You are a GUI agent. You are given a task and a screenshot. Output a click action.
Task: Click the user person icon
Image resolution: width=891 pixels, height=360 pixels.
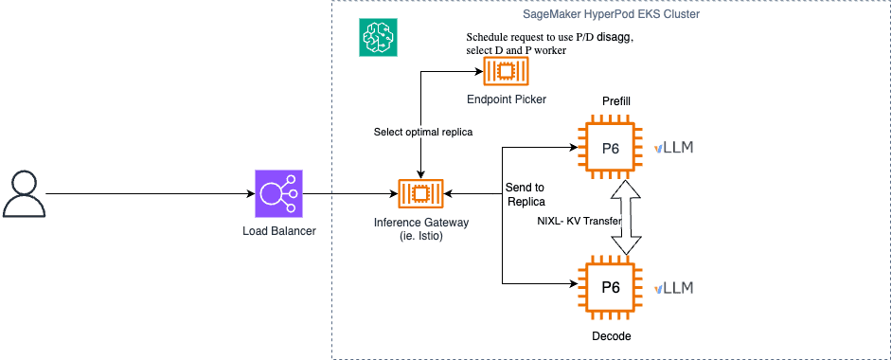[24, 194]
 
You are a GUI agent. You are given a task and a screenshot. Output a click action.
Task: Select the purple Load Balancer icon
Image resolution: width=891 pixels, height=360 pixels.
[279, 193]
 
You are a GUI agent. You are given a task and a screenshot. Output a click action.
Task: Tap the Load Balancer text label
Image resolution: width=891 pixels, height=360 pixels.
[279, 231]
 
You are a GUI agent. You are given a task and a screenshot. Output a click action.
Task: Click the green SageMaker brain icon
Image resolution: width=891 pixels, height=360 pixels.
[378, 37]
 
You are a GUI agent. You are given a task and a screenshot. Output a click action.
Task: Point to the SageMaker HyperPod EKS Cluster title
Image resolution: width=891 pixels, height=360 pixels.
[611, 14]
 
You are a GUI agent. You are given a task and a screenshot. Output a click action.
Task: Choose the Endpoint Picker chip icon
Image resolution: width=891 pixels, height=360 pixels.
[507, 72]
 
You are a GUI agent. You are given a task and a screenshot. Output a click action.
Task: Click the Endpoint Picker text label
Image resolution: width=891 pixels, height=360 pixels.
[507, 100]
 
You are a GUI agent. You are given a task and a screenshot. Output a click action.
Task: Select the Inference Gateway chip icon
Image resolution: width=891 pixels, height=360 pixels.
[420, 194]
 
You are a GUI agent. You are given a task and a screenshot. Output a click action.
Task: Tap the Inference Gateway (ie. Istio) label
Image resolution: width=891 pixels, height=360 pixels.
[420, 228]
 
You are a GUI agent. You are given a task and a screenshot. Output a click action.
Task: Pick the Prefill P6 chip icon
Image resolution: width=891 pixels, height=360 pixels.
[611, 148]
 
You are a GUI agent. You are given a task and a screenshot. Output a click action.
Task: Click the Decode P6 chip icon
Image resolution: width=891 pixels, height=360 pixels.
[611, 287]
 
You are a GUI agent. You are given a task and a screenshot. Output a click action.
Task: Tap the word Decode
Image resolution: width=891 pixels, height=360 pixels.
[612, 336]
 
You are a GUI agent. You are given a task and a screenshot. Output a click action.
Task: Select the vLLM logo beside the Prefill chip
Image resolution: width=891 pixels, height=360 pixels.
[674, 148]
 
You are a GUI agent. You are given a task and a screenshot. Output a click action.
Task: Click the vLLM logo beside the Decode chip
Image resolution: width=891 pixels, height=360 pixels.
[674, 288]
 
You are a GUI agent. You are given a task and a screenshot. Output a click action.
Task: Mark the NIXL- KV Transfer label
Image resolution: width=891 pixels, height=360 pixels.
[579, 221]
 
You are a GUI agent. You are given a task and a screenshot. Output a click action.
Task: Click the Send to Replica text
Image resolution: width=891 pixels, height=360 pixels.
[526, 194]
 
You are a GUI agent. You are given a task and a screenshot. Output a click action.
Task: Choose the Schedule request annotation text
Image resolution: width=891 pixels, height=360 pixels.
[549, 45]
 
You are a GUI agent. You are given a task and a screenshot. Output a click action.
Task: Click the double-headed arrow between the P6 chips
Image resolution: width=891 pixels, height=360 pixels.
[625, 218]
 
